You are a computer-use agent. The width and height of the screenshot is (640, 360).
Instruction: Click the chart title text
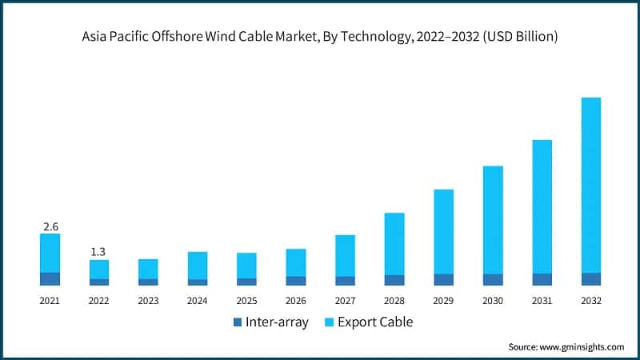320,36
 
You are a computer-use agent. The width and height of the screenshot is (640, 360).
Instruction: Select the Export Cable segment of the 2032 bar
591,185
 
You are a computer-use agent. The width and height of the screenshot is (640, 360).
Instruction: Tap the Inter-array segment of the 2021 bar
50,278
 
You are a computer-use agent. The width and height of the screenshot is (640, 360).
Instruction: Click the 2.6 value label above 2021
50,227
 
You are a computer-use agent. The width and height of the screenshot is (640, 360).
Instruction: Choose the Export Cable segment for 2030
493,220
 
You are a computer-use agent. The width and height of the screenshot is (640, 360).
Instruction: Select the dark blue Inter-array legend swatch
237,322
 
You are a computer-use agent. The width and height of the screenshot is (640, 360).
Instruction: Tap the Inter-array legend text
277,322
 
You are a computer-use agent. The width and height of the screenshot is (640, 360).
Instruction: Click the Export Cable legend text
375,322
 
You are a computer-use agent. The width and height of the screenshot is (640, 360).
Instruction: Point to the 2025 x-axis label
246,301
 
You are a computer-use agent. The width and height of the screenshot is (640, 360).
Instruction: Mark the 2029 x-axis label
443,301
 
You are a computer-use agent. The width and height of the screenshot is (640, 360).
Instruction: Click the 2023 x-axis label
148,301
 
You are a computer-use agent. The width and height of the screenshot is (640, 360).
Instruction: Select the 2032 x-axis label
591,301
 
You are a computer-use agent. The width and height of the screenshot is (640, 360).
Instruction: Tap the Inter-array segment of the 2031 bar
542,279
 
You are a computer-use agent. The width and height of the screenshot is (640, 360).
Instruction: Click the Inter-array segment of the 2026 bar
296,281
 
